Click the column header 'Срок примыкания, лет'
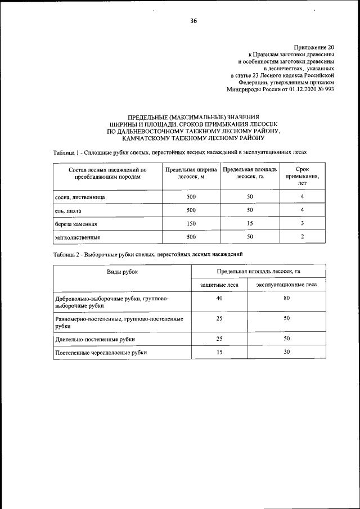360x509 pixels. click(x=302, y=175)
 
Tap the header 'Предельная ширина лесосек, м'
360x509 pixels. click(x=191, y=172)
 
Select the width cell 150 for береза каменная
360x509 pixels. click(x=191, y=223)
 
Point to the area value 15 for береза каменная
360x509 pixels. click(x=250, y=223)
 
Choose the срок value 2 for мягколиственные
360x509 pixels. click(x=302, y=237)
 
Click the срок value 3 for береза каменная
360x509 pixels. click(x=302, y=223)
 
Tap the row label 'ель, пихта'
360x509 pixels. click(x=69, y=211)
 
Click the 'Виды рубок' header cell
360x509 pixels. click(x=123, y=272)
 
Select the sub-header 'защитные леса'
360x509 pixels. click(x=219, y=285)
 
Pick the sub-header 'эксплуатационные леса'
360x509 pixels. click(x=286, y=285)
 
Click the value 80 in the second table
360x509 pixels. click(x=286, y=298)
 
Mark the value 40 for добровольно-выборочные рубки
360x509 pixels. click(x=219, y=298)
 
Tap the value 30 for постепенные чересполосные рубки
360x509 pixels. click(x=286, y=352)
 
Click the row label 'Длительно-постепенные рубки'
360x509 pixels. click(x=95, y=339)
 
